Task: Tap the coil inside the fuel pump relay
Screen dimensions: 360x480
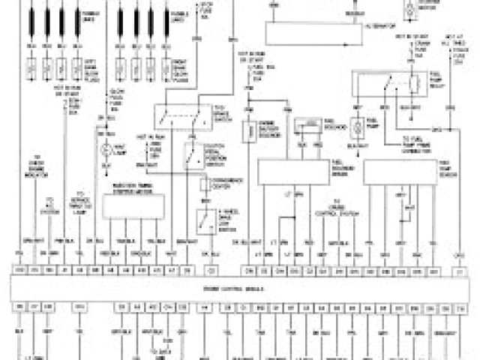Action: tap(414, 83)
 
